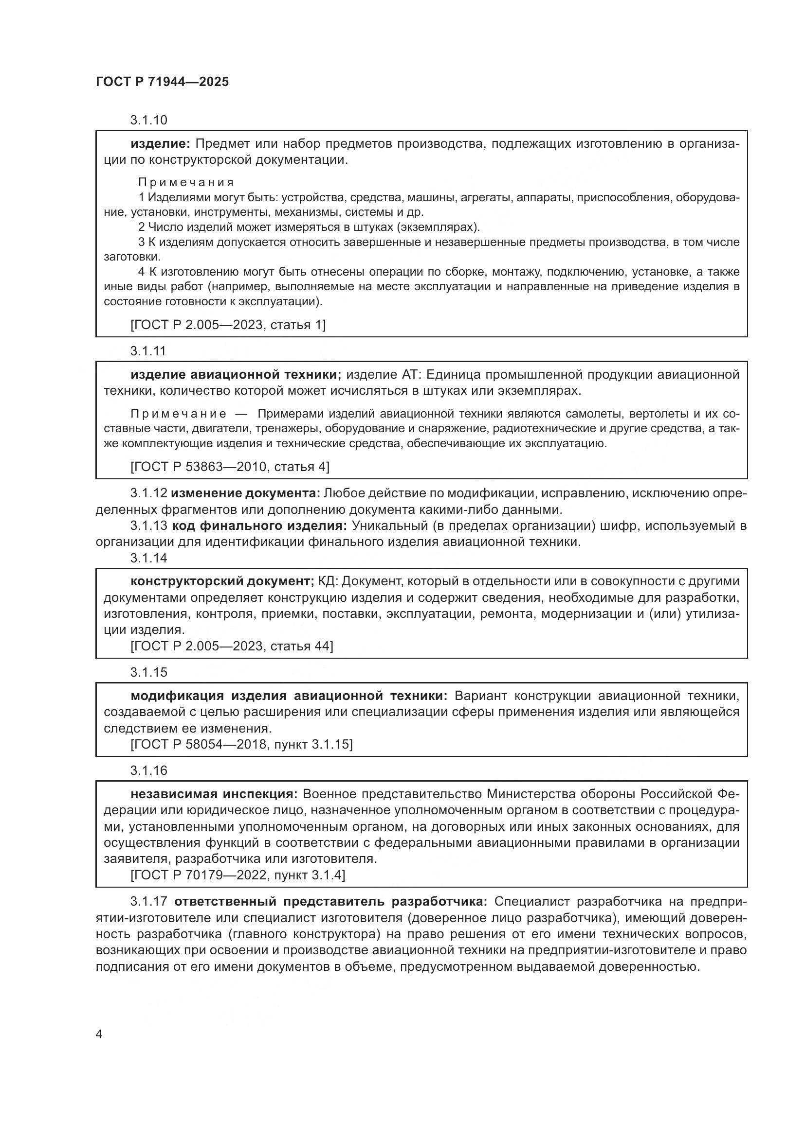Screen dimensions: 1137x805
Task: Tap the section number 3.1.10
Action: click(x=149, y=121)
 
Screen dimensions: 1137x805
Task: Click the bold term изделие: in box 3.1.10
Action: click(x=160, y=144)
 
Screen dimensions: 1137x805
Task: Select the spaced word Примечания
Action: click(x=186, y=182)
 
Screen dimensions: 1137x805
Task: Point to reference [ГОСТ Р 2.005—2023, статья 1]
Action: click(x=228, y=325)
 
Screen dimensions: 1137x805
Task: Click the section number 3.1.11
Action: click(x=148, y=351)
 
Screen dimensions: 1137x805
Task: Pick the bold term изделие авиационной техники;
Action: click(x=236, y=374)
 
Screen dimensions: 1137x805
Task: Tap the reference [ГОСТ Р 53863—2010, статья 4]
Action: click(x=230, y=467)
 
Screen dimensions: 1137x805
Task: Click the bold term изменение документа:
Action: click(x=245, y=493)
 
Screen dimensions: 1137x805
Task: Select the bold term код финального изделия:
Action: click(x=259, y=525)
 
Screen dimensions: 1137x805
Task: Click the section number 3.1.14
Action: click(x=149, y=558)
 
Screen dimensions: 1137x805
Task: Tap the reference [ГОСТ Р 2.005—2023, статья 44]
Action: click(x=232, y=646)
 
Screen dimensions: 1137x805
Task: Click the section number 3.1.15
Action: click(x=149, y=672)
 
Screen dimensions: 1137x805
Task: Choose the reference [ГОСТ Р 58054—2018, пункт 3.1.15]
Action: click(x=241, y=744)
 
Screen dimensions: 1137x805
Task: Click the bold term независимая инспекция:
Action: click(x=214, y=794)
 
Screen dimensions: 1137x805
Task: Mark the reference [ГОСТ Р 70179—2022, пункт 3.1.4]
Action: click(x=238, y=875)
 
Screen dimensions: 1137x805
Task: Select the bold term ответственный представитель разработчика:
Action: click(x=331, y=902)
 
